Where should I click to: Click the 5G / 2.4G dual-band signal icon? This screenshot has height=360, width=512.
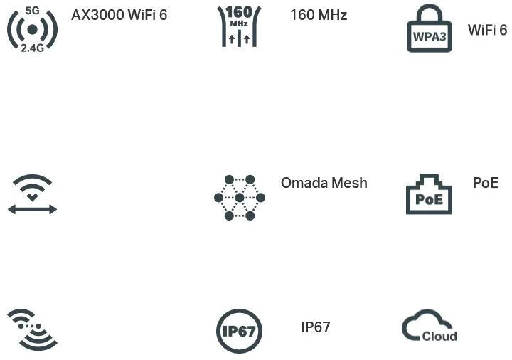(x=32, y=28)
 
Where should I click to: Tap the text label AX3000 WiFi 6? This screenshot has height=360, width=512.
(x=119, y=14)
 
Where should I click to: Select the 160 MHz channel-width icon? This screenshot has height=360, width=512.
(x=238, y=26)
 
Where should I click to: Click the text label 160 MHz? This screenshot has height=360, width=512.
(x=319, y=14)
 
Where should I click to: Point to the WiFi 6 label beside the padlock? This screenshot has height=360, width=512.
(x=487, y=30)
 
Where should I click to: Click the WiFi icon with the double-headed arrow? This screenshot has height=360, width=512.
(x=32, y=194)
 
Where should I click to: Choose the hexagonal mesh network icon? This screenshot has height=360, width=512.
(x=240, y=197)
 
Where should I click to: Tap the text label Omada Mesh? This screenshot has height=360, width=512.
(x=324, y=183)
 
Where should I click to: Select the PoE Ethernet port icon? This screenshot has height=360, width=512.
(x=429, y=194)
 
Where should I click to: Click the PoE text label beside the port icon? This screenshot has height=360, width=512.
(x=485, y=183)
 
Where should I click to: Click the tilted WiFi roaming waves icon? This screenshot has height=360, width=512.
(x=32, y=329)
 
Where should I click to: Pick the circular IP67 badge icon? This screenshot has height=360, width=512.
(x=240, y=331)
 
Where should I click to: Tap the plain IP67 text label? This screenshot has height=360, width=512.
(x=316, y=327)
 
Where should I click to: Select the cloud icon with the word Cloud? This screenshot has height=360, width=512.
(x=430, y=327)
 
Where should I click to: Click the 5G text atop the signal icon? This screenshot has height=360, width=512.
(x=32, y=10)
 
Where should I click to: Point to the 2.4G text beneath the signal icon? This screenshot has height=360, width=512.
(x=32, y=48)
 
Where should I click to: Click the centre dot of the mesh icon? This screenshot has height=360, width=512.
(x=240, y=197)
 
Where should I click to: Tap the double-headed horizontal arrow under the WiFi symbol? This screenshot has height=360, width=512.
(x=32, y=209)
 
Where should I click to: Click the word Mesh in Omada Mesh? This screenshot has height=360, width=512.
(x=349, y=183)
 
